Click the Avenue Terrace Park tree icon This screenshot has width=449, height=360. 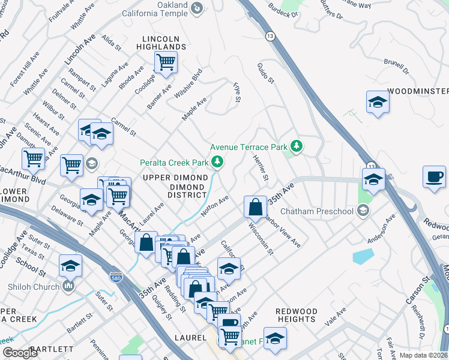click(295, 146)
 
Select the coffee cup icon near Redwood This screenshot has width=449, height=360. click(434, 177)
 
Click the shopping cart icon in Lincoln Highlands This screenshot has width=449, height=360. click(165, 61)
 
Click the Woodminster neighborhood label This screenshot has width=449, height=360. click(418, 91)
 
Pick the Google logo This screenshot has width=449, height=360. click(20, 353)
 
